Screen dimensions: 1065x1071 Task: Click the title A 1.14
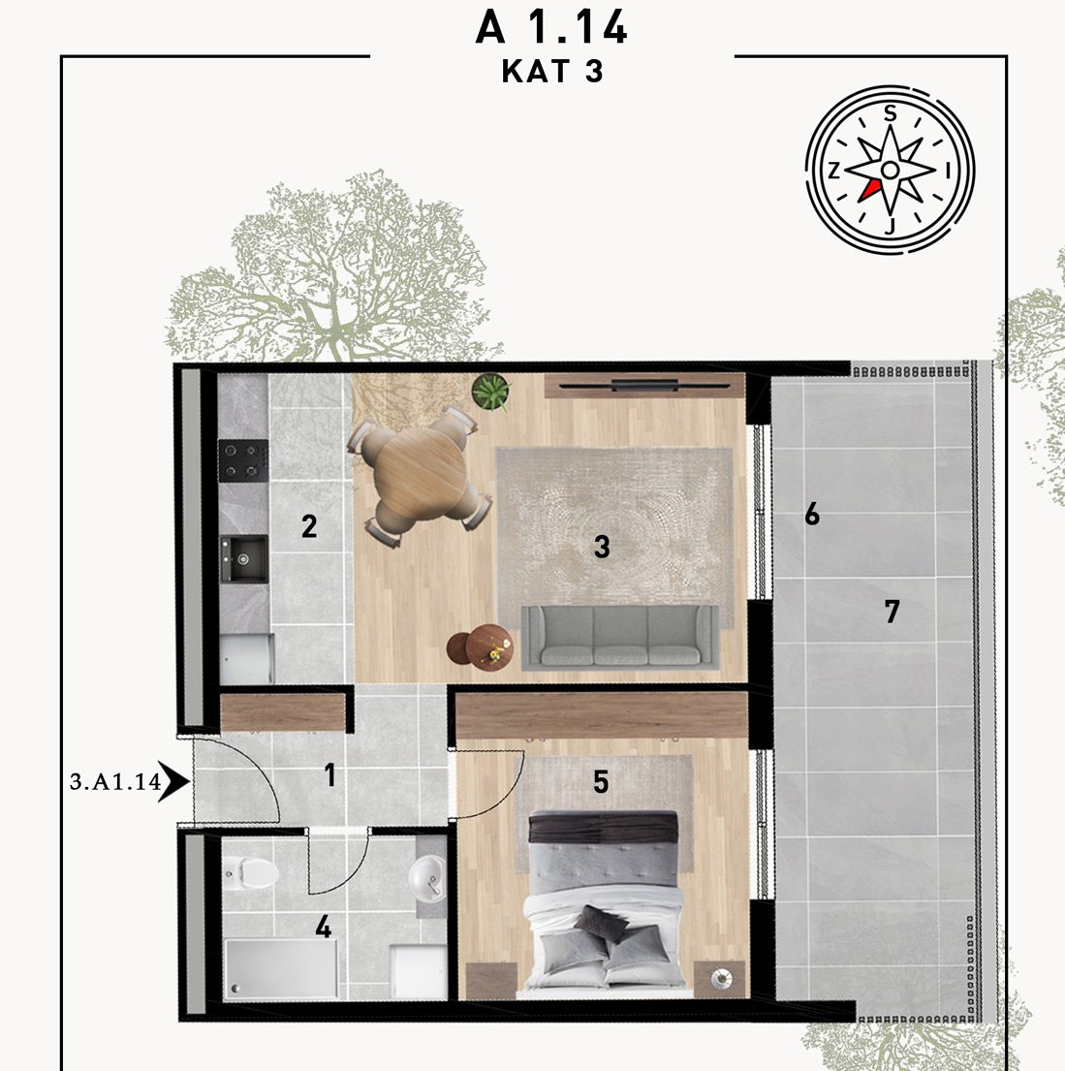tap(550, 28)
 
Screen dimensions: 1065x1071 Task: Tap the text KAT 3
tap(552, 71)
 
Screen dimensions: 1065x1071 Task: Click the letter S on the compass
tap(890, 113)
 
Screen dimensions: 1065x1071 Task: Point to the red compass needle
tap(869, 190)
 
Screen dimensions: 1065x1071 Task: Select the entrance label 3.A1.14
tap(115, 780)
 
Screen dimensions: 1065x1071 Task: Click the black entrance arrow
tap(174, 780)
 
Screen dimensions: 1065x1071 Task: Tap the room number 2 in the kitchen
tap(309, 526)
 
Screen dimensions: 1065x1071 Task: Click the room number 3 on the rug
tap(602, 547)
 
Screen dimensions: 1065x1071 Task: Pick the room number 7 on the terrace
tap(893, 612)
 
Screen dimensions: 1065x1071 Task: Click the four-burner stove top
tap(243, 460)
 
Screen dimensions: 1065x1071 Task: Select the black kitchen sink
tap(243, 558)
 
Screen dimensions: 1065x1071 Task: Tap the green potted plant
tap(491, 393)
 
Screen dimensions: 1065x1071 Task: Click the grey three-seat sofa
tap(620, 637)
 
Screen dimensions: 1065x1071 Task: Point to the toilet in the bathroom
tap(250, 873)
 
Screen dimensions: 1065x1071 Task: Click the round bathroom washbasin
tap(427, 876)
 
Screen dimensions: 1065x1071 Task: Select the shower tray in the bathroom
tap(281, 968)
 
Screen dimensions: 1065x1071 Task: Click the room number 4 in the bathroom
tap(323, 927)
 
